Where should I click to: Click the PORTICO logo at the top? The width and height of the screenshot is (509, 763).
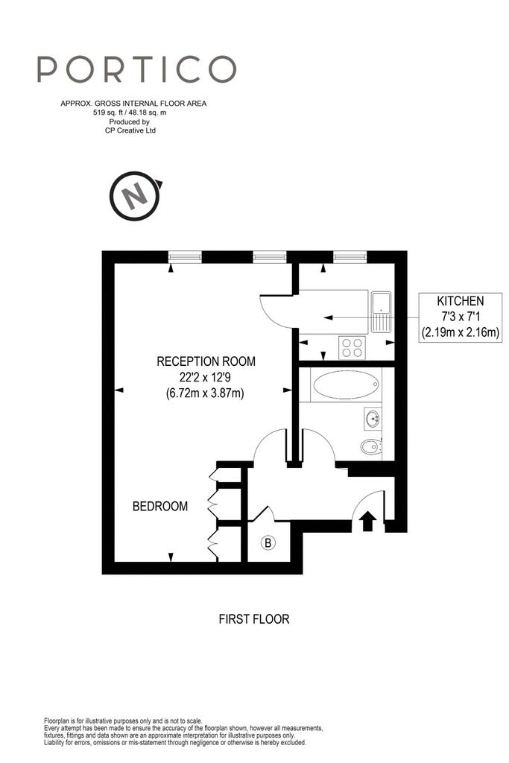coord(136,69)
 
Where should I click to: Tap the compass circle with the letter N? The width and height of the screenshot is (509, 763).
coord(135,196)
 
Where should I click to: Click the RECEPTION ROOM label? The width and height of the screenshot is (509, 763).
coord(206,361)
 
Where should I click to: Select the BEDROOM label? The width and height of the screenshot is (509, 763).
coord(160,507)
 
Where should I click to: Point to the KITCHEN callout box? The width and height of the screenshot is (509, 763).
coord(461,317)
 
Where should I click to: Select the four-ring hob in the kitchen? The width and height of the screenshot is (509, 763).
coord(352,347)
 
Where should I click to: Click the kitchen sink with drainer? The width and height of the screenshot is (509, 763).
coord(381,312)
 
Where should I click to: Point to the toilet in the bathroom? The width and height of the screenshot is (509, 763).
coord(371,446)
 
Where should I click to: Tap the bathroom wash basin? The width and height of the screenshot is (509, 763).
coord(373,418)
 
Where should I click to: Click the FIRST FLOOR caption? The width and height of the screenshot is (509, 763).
coord(254,619)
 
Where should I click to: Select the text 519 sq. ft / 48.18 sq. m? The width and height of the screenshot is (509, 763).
coord(130,113)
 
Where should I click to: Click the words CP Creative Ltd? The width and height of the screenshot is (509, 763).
coord(130,130)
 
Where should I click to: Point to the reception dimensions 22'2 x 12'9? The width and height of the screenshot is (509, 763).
coord(206,377)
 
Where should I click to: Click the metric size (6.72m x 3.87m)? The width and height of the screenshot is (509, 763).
coord(206,393)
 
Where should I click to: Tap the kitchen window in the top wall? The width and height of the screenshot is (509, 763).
coord(350,256)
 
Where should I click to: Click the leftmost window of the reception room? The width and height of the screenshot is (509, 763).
coord(185,256)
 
